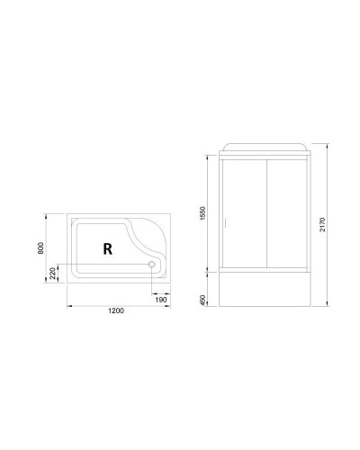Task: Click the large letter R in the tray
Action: click(106, 249)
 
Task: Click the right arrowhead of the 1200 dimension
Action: click(173, 305)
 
